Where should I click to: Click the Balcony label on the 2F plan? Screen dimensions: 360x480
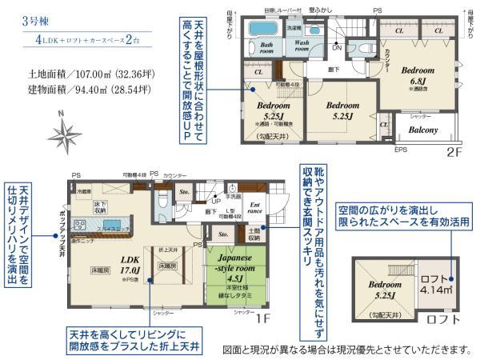click(x=422, y=130)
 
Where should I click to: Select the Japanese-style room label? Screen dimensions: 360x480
click(x=233, y=263)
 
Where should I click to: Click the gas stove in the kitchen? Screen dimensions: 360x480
click(x=81, y=224)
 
